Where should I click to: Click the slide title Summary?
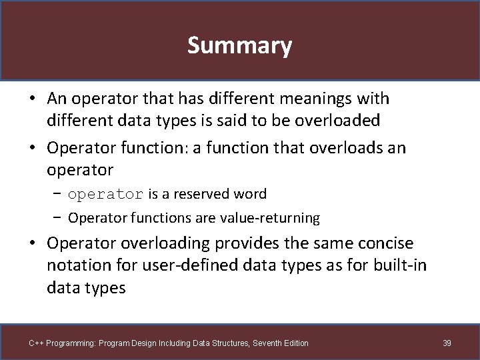(239, 45)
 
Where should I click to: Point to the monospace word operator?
(105, 194)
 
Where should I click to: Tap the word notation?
(79, 265)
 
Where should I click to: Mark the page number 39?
(447, 343)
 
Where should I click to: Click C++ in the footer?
(36, 343)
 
